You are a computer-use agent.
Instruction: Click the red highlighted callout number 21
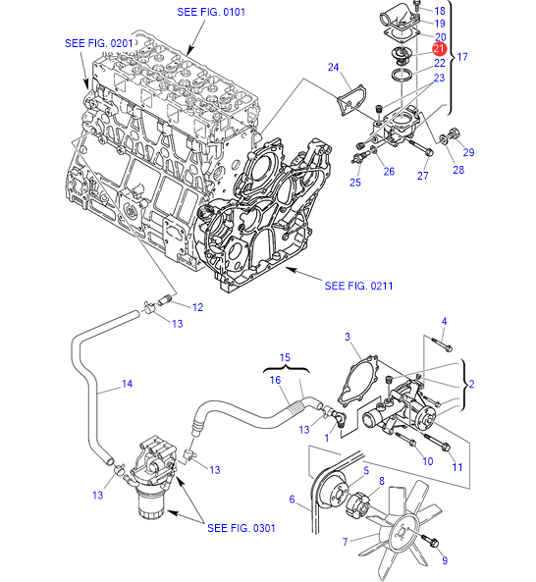pos(439,49)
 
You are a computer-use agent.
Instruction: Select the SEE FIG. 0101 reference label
pos(211,12)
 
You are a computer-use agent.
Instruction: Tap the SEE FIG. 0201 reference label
pos(99,43)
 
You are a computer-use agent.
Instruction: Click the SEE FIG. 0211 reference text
pos(358,286)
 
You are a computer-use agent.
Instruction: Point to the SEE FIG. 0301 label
pos(241,528)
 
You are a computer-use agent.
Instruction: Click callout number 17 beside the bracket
pos(462,57)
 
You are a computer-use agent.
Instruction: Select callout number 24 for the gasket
pos(334,67)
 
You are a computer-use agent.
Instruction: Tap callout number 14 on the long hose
pos(128,384)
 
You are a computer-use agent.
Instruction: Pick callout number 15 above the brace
pos(285,357)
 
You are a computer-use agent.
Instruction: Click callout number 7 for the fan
pos(346,542)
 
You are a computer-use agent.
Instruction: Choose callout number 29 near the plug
pos(469,152)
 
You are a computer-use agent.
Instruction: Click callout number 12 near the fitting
pos(198,307)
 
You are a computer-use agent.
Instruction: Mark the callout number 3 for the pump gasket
pos(348,337)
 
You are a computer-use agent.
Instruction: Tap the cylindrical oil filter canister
pos(151,503)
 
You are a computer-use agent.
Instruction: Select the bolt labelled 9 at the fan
pos(430,541)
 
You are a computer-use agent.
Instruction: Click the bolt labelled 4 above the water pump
pos(442,344)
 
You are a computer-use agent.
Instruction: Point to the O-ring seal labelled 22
pos(402,74)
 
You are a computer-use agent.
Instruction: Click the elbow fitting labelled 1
pos(340,418)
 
